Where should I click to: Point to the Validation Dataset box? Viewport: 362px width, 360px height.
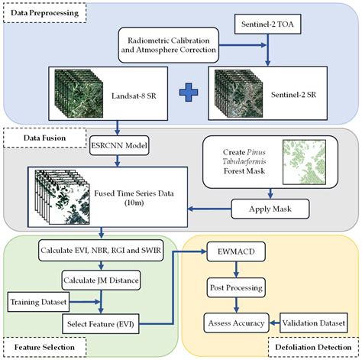click(315, 323)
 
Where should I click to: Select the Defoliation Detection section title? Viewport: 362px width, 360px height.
click(312, 349)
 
